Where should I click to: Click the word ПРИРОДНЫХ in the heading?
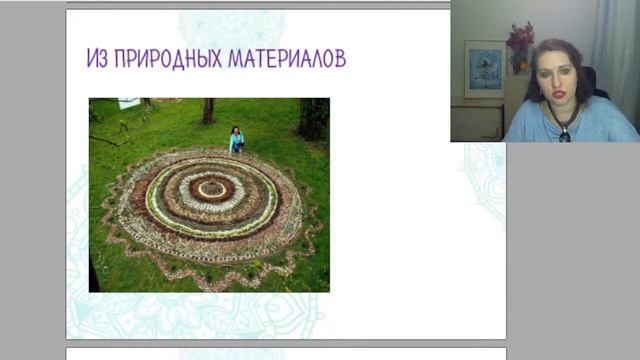pos(168,59)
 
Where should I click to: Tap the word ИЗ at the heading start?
pos(98,59)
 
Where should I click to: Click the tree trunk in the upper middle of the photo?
pos(208,111)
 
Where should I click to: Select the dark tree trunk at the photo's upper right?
pos(314,118)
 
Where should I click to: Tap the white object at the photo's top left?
pos(129,103)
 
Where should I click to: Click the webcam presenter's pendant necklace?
pos(564,132)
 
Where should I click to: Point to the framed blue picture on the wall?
pos(484,68)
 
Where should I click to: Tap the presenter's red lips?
pos(556,94)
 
